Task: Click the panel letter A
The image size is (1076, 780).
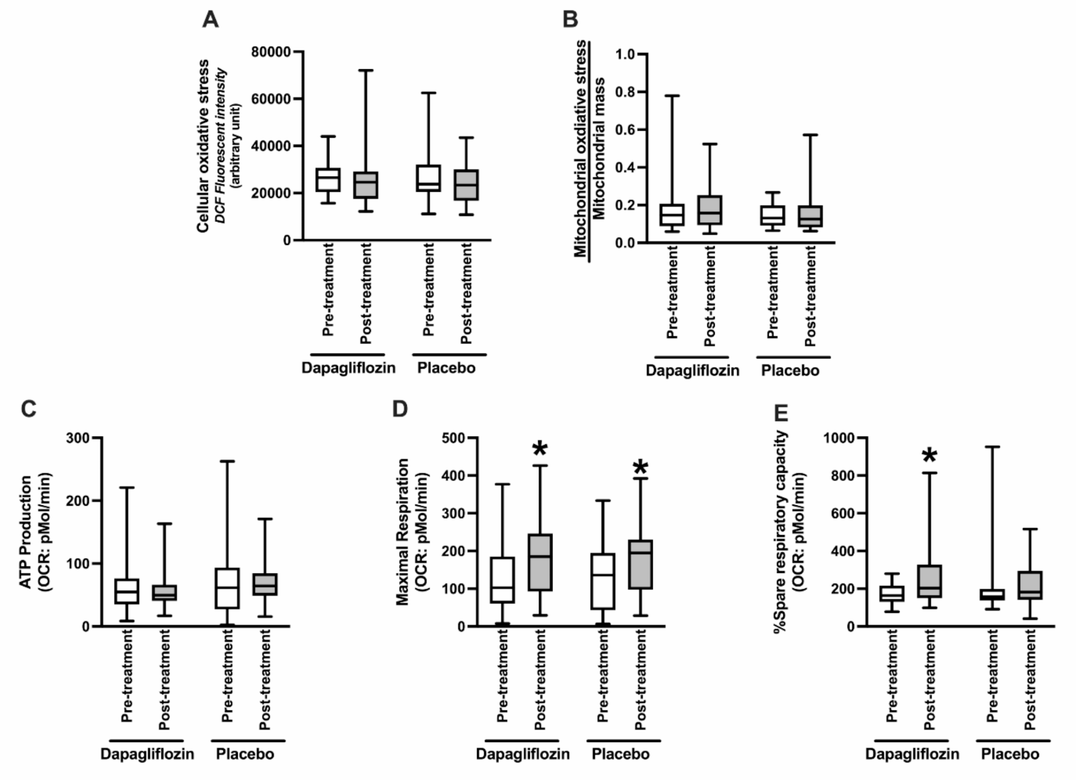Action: (211, 20)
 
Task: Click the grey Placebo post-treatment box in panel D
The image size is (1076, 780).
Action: (641, 565)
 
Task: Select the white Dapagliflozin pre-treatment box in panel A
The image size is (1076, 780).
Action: (328, 179)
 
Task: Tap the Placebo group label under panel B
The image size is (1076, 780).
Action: (790, 371)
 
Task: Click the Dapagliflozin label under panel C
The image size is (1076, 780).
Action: (147, 754)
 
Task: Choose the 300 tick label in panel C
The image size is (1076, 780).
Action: (78, 438)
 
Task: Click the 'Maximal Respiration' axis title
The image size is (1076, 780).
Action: (403, 532)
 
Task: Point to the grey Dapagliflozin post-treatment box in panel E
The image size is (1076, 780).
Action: (930, 581)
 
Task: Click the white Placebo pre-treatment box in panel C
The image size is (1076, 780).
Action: (227, 588)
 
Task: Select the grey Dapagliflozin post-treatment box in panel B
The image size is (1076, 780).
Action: (710, 210)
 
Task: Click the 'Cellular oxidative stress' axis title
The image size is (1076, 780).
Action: (203, 146)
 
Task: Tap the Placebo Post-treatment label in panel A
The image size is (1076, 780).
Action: (467, 293)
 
